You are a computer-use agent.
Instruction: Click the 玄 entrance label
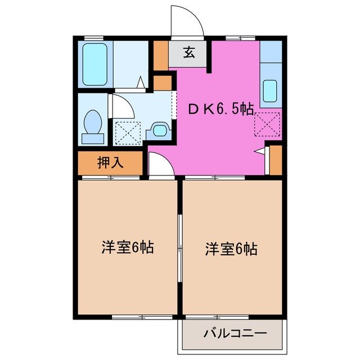189,54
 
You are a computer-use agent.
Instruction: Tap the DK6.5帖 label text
220,110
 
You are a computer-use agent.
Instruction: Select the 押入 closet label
110,163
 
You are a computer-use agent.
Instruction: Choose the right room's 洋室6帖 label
231,248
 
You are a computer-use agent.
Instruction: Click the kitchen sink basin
270,90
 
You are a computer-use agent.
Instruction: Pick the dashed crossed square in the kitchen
267,124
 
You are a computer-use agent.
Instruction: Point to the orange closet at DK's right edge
275,159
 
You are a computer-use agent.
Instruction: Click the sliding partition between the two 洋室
179,247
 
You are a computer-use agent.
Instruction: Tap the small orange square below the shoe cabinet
163,83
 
